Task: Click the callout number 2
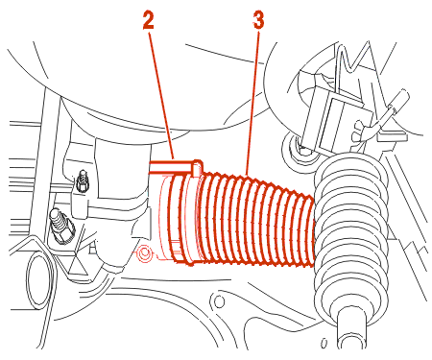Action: (148, 21)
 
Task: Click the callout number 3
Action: (258, 21)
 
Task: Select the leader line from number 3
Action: (252, 103)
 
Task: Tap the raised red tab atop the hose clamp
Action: (198, 168)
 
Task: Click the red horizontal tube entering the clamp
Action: (171, 168)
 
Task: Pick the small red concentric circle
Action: (144, 252)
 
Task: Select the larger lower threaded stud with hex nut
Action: (61, 225)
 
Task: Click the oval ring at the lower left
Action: (39, 281)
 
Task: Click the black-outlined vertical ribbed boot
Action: (350, 233)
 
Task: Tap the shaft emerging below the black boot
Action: (351, 329)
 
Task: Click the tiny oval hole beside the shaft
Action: (324, 344)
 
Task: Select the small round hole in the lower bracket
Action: (219, 301)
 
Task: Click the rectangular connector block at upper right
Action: (336, 118)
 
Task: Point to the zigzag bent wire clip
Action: (352, 60)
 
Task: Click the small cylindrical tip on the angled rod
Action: (402, 97)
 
